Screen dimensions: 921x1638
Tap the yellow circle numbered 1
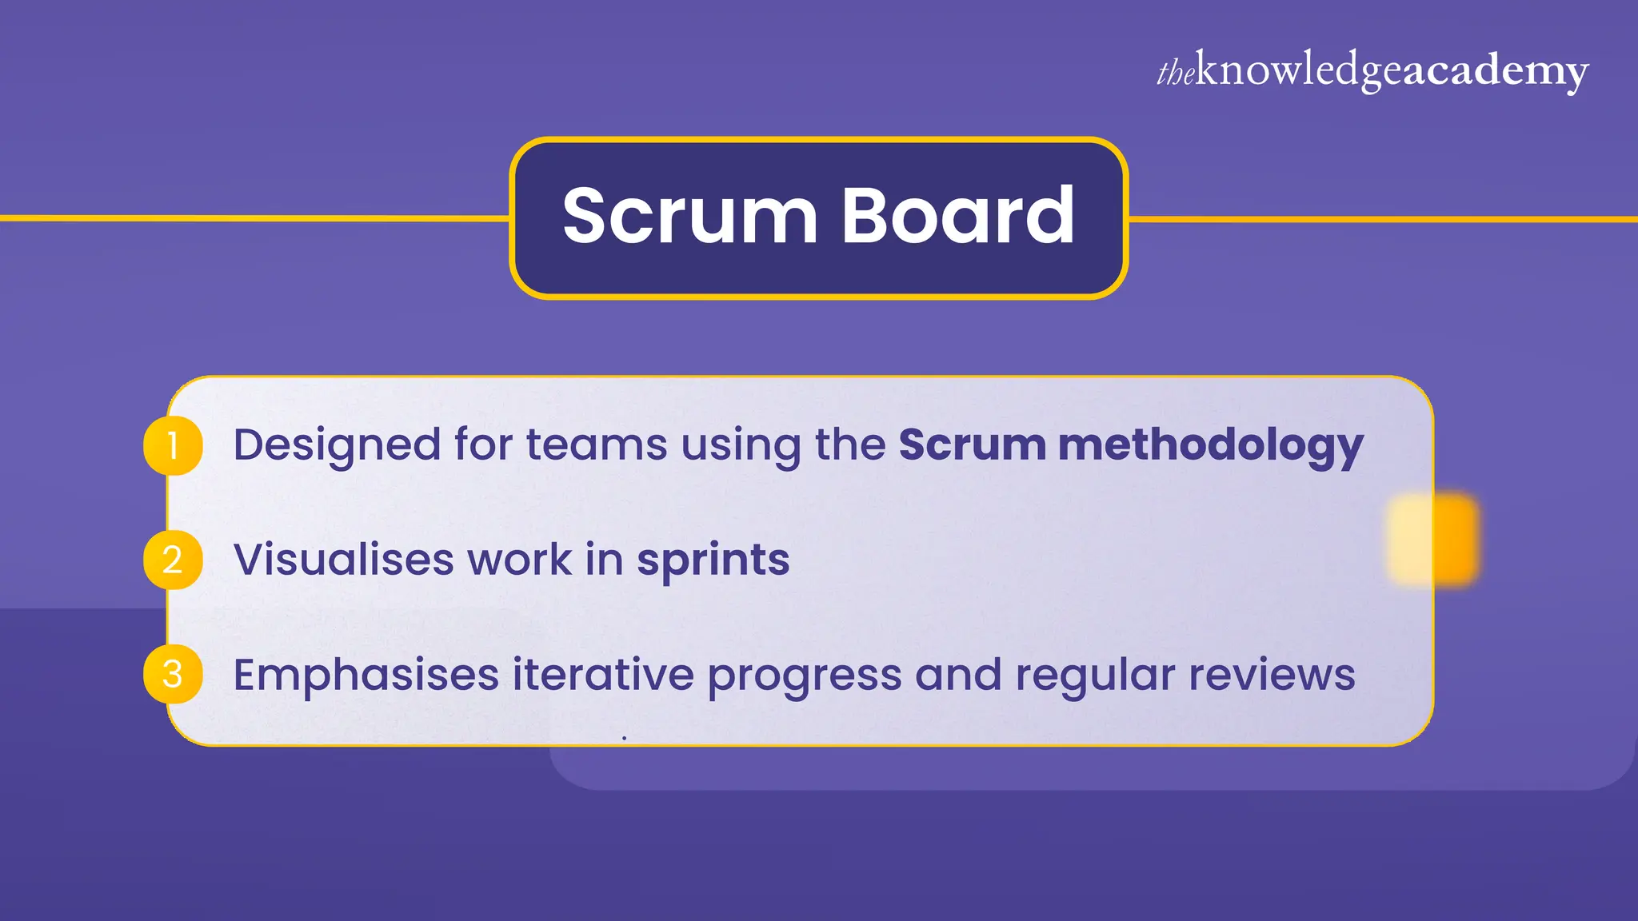(173, 445)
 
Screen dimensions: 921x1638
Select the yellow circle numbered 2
(173, 560)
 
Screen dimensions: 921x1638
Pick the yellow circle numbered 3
(173, 674)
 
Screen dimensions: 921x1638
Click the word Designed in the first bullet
(337, 445)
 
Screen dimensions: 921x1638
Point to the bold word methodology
(1211, 445)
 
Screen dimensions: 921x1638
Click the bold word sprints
(713, 560)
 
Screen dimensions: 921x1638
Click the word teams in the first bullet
(596, 445)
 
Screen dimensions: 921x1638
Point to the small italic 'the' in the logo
(1176, 72)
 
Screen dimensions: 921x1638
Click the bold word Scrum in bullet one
(972, 445)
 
